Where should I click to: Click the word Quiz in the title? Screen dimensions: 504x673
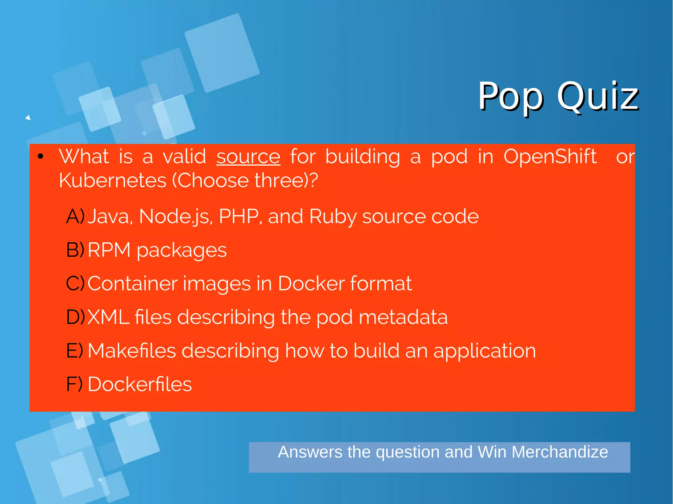pyautogui.click(x=597, y=97)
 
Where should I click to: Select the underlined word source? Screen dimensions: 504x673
pyautogui.click(x=248, y=156)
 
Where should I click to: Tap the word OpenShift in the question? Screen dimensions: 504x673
pyautogui.click(x=550, y=156)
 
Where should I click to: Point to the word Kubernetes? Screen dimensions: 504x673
pyautogui.click(x=112, y=181)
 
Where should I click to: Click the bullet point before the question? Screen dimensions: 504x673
pyautogui.click(x=40, y=157)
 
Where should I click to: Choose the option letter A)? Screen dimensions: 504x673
pyautogui.click(x=75, y=216)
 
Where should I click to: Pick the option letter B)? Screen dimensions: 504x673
pyautogui.click(x=75, y=250)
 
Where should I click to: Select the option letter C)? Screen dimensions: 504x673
pyautogui.click(x=75, y=283)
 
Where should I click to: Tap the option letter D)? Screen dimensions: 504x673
pyautogui.click(x=75, y=317)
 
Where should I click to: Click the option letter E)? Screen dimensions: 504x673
pyautogui.click(x=75, y=351)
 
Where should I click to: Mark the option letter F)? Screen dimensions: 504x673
pyautogui.click(x=74, y=384)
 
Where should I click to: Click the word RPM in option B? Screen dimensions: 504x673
pyautogui.click(x=109, y=250)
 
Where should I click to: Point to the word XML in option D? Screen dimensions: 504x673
pyautogui.click(x=108, y=317)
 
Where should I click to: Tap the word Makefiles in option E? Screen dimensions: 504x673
pyautogui.click(x=132, y=351)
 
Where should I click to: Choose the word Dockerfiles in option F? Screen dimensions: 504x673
pyautogui.click(x=140, y=384)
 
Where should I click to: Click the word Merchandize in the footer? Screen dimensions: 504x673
pyautogui.click(x=560, y=452)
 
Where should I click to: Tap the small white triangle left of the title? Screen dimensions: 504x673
pyautogui.click(x=28, y=118)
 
